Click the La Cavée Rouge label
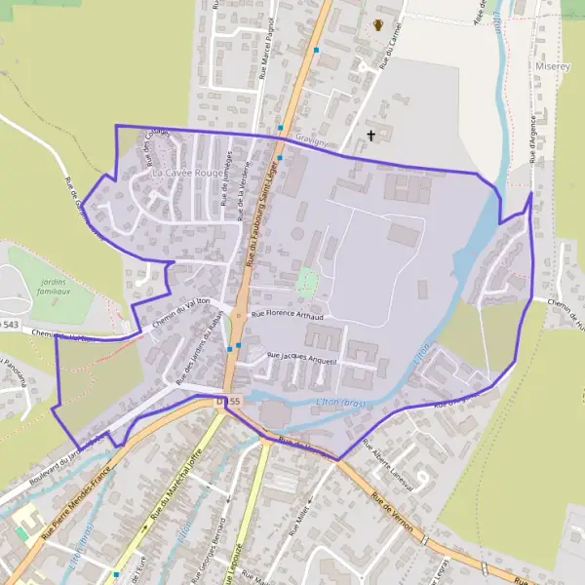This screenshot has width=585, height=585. tap(189, 173)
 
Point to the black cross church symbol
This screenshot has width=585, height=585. tap(370, 136)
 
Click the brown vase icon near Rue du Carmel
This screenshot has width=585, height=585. tap(378, 25)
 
